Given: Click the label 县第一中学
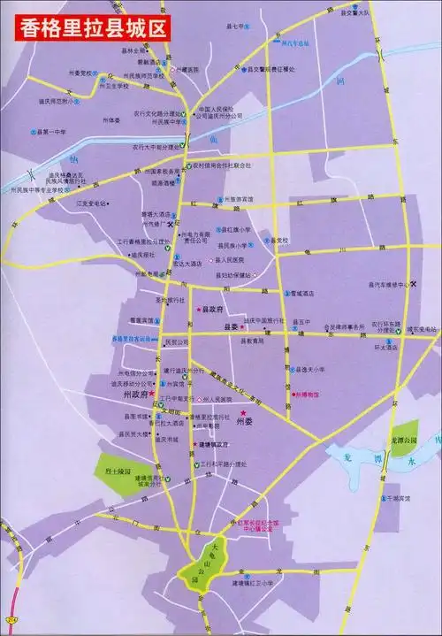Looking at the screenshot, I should [57, 130].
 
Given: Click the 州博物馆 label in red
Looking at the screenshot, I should [309, 395].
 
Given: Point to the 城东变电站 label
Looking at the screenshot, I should [423, 329].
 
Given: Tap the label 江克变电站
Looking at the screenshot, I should [94, 203].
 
